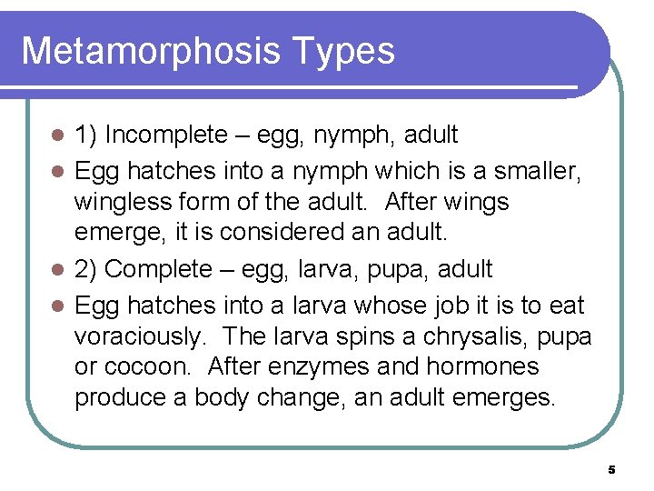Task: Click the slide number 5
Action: click(611, 470)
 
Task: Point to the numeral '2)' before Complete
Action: click(86, 269)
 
